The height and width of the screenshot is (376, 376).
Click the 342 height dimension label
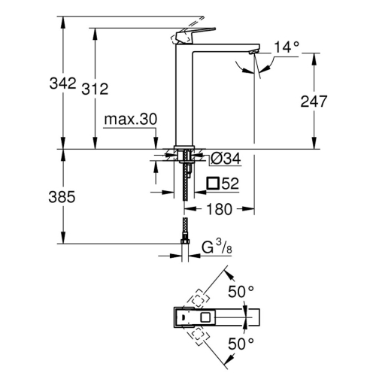coord(62,83)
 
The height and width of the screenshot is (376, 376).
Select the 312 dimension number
coord(95,89)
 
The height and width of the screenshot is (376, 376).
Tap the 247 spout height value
coord(314,102)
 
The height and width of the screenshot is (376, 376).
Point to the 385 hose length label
coord(62,197)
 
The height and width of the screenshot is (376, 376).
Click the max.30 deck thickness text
coord(131,119)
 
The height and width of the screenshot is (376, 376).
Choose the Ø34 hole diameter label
coord(226,158)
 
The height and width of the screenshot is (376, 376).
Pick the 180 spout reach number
coord(219,209)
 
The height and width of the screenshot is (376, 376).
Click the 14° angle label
coord(287,47)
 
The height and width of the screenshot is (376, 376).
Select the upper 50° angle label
coord(241,292)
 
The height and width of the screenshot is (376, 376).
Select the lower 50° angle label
coord(241,344)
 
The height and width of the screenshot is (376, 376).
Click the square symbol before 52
coord(213,183)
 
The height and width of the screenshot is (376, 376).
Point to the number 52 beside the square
coord(230,183)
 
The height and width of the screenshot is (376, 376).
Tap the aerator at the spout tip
coord(253,52)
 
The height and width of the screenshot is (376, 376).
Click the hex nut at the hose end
coord(185,241)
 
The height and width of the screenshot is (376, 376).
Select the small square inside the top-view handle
coord(205,317)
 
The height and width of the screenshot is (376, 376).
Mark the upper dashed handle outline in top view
coord(198,299)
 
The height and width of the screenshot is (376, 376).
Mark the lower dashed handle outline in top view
coord(197,336)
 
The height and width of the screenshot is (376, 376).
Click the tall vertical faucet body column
coord(184,96)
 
